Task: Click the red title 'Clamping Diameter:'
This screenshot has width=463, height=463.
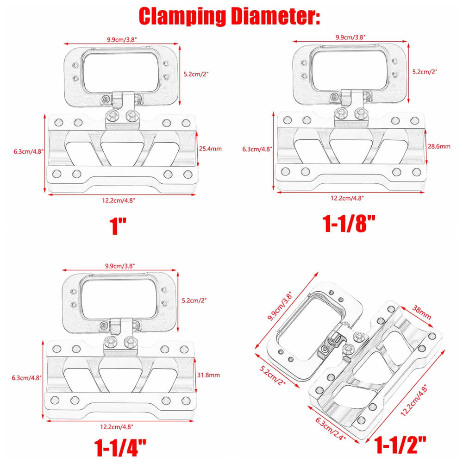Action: pyautogui.click(x=230, y=16)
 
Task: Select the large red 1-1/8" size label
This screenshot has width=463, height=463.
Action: pyautogui.click(x=348, y=223)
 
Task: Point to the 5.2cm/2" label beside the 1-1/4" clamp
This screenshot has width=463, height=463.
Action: pyautogui.click(x=194, y=300)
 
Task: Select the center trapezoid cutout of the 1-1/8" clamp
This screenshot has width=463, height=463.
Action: pyautogui.click(x=350, y=151)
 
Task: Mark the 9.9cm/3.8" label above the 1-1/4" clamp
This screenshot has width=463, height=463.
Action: pyautogui.click(x=120, y=266)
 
